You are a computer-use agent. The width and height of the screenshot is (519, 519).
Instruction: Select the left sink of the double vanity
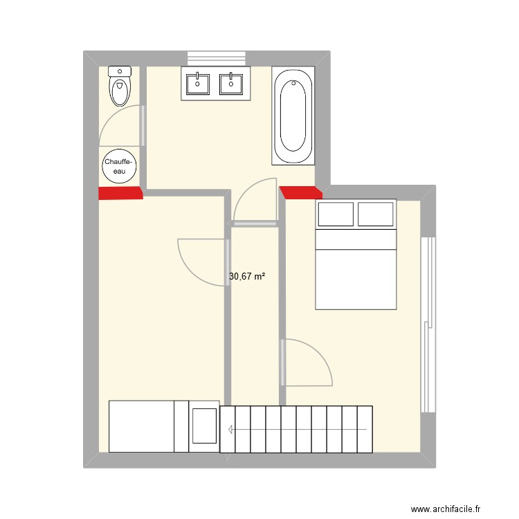[198, 84]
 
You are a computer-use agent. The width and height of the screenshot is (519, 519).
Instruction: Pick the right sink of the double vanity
[231, 84]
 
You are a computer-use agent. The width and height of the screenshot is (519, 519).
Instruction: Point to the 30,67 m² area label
[247, 277]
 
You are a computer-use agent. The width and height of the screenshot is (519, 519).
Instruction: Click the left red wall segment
[120, 193]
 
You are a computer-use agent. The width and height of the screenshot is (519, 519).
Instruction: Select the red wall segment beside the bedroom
[301, 192]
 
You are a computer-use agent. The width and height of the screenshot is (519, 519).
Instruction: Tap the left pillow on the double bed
[336, 215]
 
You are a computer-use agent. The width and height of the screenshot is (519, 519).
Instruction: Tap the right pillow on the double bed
[376, 215]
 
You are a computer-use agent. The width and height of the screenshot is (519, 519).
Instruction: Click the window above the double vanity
[216, 58]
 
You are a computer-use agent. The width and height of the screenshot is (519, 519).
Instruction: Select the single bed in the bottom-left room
[149, 426]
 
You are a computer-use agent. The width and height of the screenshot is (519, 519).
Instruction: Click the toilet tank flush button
[120, 71]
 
